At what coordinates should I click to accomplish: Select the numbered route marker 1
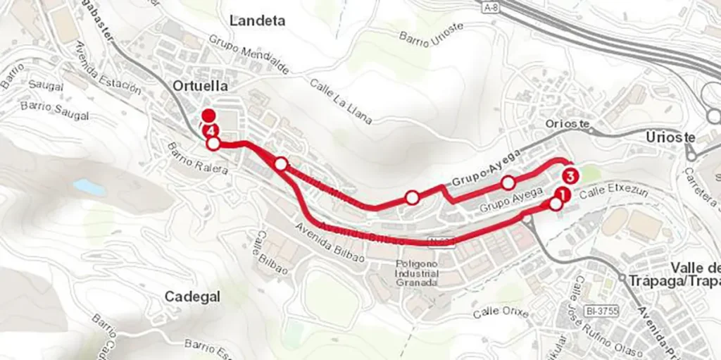561,193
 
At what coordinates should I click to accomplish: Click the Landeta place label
257,20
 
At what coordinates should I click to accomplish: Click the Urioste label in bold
670,137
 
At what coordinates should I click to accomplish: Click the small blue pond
89,187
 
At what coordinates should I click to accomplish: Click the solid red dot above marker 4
208,116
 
